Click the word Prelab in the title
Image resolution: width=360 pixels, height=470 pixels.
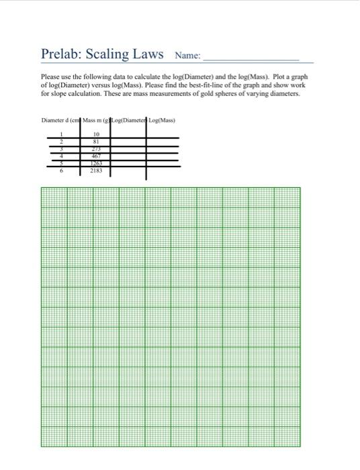pyautogui.click(x=60, y=54)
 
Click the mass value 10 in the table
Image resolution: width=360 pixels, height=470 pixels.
pyautogui.click(x=96, y=134)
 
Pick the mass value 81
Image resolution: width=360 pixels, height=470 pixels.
pyautogui.click(x=96, y=142)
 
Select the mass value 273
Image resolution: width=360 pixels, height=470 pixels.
pyautogui.click(x=96, y=149)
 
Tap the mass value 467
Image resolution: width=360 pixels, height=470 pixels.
pyautogui.click(x=96, y=156)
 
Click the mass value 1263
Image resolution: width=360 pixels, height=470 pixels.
pyautogui.click(x=96, y=163)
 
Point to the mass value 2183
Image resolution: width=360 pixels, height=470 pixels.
pyautogui.click(x=96, y=171)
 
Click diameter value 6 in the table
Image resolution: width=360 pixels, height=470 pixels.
pyautogui.click(x=61, y=171)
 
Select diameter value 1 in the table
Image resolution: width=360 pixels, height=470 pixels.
pyautogui.click(x=61, y=134)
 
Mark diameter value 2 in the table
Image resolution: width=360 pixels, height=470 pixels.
pyautogui.click(x=61, y=142)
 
